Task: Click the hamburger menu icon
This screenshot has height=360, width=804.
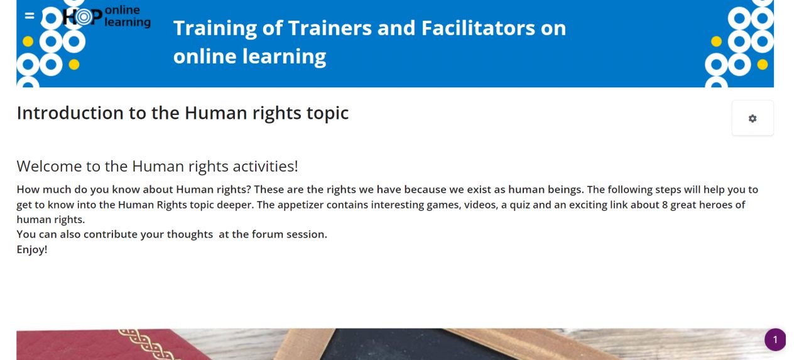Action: pyautogui.click(x=30, y=16)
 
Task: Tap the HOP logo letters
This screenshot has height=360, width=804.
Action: pyautogui.click(x=82, y=16)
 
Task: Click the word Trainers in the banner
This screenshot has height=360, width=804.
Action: pyautogui.click(x=330, y=28)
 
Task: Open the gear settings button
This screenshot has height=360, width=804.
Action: pyautogui.click(x=752, y=118)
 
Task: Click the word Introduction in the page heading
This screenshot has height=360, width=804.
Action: pyautogui.click(x=70, y=112)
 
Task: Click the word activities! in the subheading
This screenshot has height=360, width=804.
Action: pyautogui.click(x=265, y=166)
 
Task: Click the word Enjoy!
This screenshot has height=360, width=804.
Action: pyautogui.click(x=32, y=249)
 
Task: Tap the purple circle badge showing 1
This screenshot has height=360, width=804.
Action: pyautogui.click(x=775, y=339)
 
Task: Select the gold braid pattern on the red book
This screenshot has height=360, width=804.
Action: pyautogui.click(x=147, y=344)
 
